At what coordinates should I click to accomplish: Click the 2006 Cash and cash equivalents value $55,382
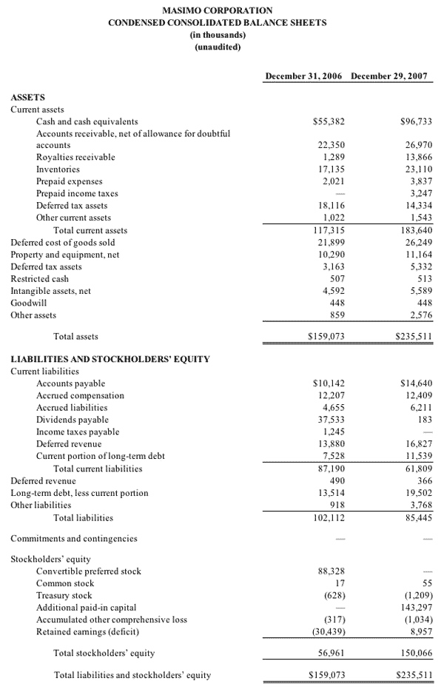click(x=329, y=121)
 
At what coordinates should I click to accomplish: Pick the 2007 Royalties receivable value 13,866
click(x=418, y=158)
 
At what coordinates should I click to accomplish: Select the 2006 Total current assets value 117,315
click(x=331, y=230)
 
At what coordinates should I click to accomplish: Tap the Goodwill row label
click(x=27, y=303)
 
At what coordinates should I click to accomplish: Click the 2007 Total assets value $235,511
click(x=415, y=337)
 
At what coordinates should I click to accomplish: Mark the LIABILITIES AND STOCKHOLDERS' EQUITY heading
click(x=110, y=359)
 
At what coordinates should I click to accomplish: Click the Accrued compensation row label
click(x=80, y=396)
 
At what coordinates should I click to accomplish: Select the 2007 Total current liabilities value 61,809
click(x=418, y=469)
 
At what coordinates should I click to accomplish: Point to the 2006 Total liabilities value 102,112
click(x=329, y=517)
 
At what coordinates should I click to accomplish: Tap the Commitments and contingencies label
click(x=73, y=539)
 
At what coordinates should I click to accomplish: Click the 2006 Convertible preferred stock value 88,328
click(x=332, y=571)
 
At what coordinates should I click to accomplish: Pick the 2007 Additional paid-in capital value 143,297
click(x=416, y=608)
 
